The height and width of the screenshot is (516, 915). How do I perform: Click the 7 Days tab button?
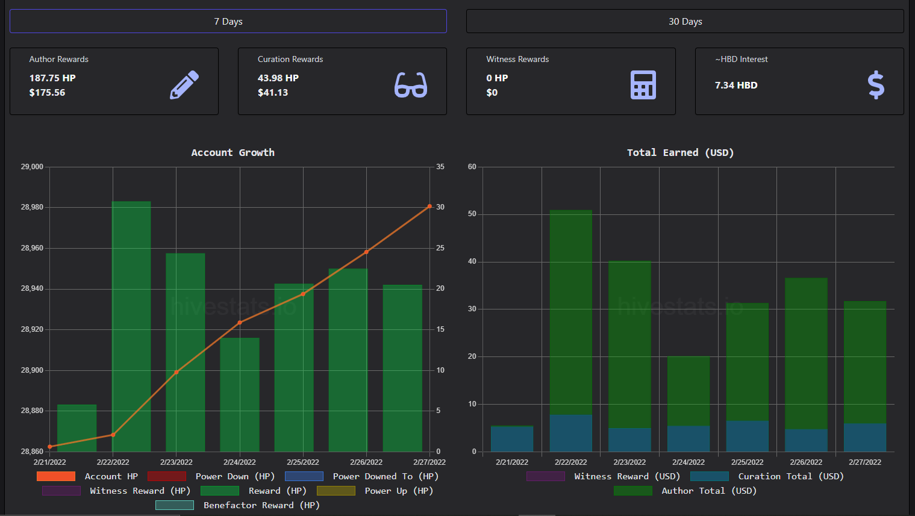click(x=228, y=21)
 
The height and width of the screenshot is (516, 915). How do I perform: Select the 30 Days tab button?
click(x=685, y=21)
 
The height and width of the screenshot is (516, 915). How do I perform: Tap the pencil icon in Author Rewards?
click(x=184, y=85)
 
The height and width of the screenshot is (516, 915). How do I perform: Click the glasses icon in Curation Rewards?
click(x=411, y=85)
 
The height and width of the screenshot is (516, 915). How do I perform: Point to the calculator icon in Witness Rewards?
click(x=643, y=85)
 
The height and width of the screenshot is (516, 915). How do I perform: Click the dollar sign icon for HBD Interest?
click(x=876, y=85)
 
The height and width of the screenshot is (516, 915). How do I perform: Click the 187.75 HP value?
click(x=52, y=78)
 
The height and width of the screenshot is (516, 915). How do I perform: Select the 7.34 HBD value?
click(x=736, y=85)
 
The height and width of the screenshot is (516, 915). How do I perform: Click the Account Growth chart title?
click(x=233, y=153)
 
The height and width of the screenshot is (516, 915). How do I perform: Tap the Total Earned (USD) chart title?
click(x=681, y=153)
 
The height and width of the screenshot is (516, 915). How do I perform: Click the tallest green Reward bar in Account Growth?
click(x=131, y=326)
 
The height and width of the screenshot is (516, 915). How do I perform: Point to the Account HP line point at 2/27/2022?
click(x=429, y=207)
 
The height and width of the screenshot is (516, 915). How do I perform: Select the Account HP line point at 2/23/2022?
click(x=176, y=372)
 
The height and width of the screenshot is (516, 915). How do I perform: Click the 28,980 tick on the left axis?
click(x=32, y=207)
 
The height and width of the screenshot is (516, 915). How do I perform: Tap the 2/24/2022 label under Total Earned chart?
click(x=689, y=462)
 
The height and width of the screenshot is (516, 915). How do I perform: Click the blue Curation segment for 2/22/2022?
click(x=570, y=433)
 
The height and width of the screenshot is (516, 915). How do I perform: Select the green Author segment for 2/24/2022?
click(x=689, y=391)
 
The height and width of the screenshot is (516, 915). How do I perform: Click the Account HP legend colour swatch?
click(x=56, y=476)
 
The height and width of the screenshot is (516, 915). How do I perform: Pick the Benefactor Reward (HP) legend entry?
click(x=237, y=505)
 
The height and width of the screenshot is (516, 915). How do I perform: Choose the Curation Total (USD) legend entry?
click(x=767, y=476)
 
